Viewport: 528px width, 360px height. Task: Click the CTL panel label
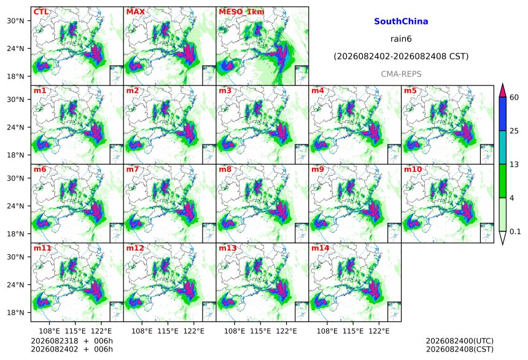coord(41,12)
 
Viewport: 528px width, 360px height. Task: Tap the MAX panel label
coord(135,12)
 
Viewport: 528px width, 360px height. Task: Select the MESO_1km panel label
coord(241,12)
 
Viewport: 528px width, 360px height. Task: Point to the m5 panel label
coord(410,91)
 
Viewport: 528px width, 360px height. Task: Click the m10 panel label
coord(413,169)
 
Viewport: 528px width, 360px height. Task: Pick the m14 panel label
coord(320,248)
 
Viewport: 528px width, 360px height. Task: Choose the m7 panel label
coord(133,169)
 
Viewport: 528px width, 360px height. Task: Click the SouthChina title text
coord(401,22)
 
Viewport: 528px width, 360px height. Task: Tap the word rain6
coord(401,39)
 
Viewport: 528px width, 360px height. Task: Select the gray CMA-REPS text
coord(401,74)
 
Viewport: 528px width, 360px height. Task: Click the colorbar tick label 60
coord(514,98)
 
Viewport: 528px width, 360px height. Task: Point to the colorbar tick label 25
coord(514,131)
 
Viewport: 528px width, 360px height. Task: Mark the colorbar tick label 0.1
coord(515,232)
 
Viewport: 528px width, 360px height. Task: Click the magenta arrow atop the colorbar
coord(502,90)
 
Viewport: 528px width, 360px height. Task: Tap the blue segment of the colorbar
coord(502,114)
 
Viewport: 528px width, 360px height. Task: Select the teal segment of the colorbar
coord(502,147)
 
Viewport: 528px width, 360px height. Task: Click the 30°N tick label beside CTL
coord(15,21)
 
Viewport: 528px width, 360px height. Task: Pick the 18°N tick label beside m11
coord(15,313)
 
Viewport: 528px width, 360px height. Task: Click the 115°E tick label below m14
coord(353,331)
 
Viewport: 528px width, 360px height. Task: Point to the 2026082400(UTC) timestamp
coord(460,341)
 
